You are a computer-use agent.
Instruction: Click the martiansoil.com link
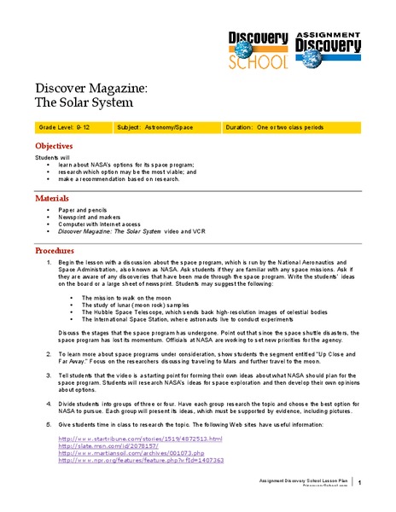click(136, 453)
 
